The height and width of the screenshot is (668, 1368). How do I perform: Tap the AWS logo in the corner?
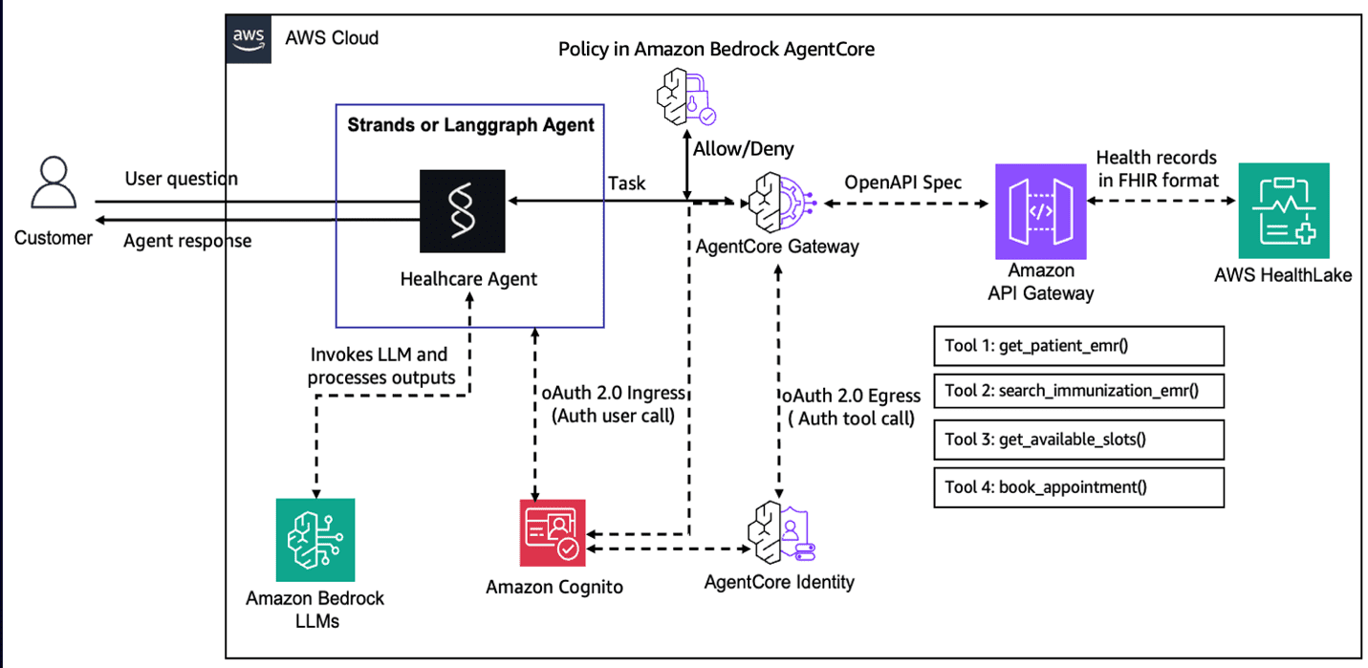[249, 38]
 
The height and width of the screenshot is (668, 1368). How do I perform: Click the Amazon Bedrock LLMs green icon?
[315, 540]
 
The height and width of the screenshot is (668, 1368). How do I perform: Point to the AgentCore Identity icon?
[778, 531]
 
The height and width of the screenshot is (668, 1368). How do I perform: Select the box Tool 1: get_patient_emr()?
[1078, 346]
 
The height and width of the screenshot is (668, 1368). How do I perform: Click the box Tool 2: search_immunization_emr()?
[1078, 392]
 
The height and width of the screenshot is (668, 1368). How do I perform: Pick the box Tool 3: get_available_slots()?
[1078, 440]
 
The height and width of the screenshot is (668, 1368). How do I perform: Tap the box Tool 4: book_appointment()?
[1078, 486]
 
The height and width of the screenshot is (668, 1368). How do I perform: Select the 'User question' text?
[181, 179]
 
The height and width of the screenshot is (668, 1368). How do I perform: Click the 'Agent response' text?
[187, 240]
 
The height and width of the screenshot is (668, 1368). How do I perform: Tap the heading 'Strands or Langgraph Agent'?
[470, 125]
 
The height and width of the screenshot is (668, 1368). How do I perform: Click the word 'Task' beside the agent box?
[626, 183]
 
